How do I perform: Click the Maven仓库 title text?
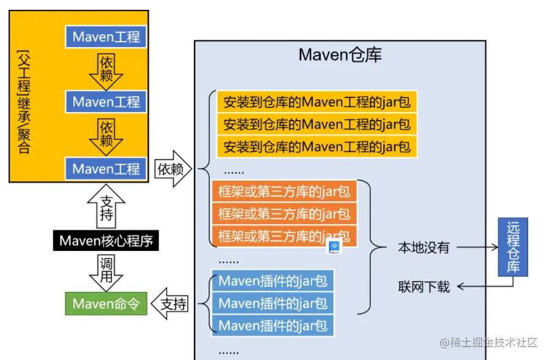coord(340,55)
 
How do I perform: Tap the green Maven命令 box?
coord(106,304)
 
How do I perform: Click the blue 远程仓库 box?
coord(513,247)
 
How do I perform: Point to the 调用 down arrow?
coord(106,271)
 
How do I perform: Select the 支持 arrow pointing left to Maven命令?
coord(171,304)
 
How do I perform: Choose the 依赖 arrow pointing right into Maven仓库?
coord(173,169)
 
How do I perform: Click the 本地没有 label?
coord(424,248)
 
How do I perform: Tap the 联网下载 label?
coord(424,287)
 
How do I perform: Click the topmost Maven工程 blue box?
coord(106,37)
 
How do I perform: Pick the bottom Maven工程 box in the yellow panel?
coord(106,168)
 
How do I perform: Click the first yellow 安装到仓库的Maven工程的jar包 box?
coord(316,102)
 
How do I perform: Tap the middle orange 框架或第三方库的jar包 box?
coord(284,214)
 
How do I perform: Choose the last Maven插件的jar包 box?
coord(273,325)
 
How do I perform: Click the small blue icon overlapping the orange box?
coord(335,247)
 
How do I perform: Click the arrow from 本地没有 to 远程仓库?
coord(477,248)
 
